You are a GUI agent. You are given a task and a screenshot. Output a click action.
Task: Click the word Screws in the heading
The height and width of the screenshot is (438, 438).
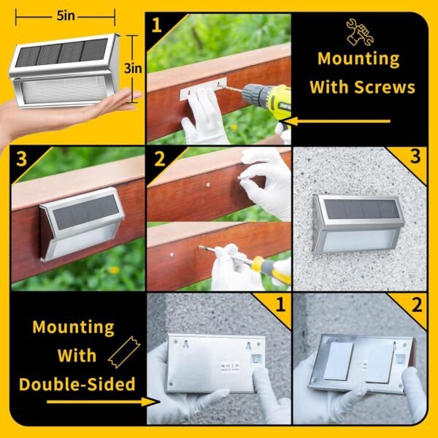(384, 87)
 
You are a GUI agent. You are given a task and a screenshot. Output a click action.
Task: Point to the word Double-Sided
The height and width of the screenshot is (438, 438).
(77, 383)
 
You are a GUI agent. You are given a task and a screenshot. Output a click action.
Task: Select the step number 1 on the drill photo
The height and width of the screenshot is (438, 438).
(156, 26)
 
